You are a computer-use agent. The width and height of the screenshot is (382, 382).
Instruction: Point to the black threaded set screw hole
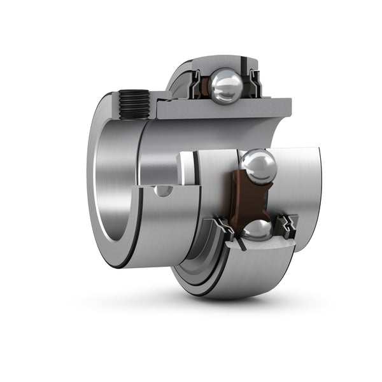coord(134,104)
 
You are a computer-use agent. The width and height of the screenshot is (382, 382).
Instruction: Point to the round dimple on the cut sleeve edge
coord(163,190)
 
